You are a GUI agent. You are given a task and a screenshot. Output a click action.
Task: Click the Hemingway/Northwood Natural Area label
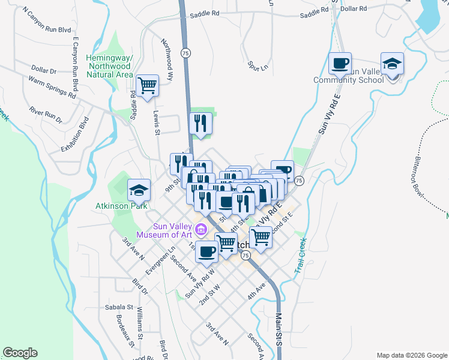(109, 66)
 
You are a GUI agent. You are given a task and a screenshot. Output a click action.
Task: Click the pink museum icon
(200, 229)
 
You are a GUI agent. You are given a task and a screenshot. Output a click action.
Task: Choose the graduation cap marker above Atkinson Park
(139, 191)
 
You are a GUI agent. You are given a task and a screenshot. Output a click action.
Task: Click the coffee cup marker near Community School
(340, 64)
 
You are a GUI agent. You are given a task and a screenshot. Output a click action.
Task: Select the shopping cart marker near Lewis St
(147, 85)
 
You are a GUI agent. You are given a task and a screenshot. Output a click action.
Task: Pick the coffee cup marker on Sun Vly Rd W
(206, 253)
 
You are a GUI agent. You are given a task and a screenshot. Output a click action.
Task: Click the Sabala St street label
(118, 307)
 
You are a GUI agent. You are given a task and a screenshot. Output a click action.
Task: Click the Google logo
(20, 353)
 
